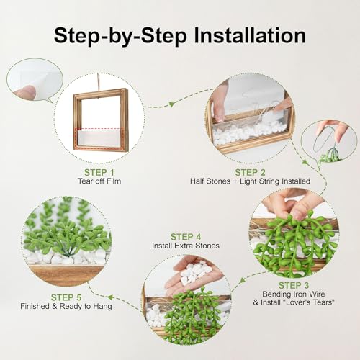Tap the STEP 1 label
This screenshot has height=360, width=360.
click(x=99, y=172)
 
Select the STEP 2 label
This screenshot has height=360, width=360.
click(x=250, y=172)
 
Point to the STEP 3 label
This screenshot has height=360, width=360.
click(x=294, y=285)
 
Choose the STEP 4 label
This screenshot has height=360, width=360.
click(x=186, y=237)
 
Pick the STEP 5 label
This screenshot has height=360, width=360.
click(x=66, y=297)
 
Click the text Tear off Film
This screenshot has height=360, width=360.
click(x=99, y=181)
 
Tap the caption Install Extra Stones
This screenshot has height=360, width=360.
click(x=186, y=246)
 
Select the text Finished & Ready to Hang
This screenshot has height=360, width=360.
click(x=66, y=306)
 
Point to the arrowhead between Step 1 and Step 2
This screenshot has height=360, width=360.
click(x=171, y=104)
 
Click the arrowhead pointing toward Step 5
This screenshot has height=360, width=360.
click(x=110, y=298)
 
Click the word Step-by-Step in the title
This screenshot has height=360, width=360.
click(x=120, y=36)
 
